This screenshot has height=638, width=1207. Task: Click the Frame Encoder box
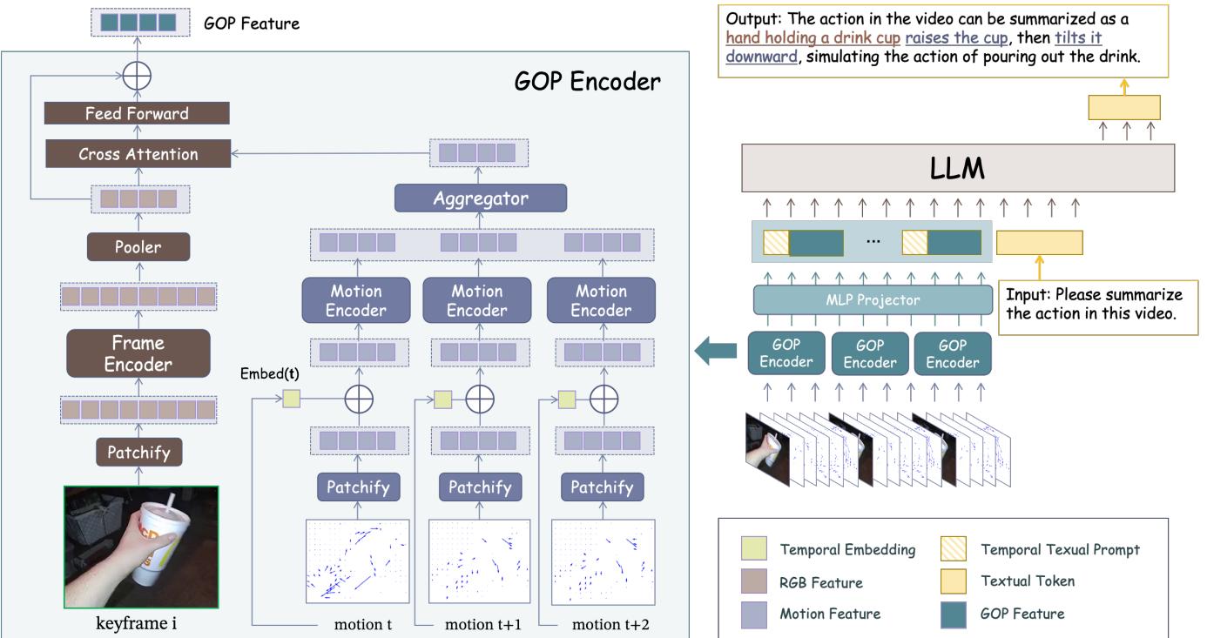coord(138,353)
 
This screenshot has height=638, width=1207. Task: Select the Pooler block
coord(138,246)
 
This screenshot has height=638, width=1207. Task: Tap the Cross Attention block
coord(138,154)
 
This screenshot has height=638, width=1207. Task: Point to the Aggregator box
coord(481,198)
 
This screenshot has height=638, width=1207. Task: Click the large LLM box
coord(959,169)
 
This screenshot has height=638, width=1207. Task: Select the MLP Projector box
coord(873,300)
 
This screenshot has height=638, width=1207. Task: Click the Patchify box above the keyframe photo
coord(138,452)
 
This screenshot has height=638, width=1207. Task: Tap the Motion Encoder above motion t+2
coord(601,300)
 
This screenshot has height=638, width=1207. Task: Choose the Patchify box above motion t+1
coord(480,487)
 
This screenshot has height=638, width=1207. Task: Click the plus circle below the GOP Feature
coord(136,76)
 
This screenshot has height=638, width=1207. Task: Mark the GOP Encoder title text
coord(587,81)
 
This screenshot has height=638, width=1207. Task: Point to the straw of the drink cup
coord(166,502)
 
